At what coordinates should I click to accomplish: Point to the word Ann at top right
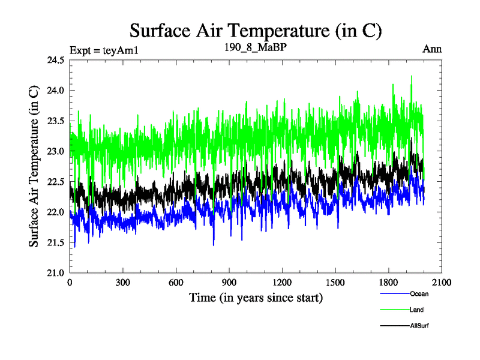click(433, 49)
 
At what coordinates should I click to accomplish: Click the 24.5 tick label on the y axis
click(56, 60)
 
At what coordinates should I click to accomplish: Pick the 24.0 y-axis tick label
click(56, 91)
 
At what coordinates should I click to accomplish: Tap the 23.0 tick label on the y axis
click(56, 151)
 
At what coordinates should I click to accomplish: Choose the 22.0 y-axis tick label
click(56, 212)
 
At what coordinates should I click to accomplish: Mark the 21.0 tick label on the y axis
click(56, 273)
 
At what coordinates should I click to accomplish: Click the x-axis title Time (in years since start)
click(256, 298)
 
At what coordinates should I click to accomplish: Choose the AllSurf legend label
click(419, 325)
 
